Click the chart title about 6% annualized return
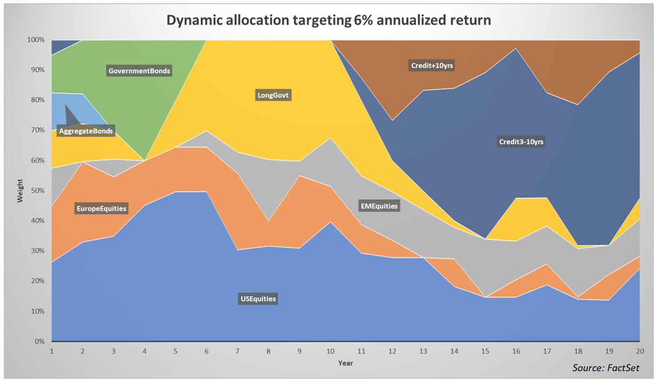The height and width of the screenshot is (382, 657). [328, 20]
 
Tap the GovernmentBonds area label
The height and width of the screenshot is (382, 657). [139, 71]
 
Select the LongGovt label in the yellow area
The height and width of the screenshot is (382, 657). [273, 96]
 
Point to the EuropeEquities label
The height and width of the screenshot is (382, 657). [101, 208]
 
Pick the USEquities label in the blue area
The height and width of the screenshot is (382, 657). [258, 299]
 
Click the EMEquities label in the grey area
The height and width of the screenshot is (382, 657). [378, 206]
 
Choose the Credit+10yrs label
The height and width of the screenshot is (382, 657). [432, 66]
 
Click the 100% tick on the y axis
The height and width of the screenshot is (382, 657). [36, 40]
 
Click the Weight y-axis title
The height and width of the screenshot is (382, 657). [20, 191]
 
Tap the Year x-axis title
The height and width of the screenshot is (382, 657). [345, 363]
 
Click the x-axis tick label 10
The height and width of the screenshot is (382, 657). [330, 350]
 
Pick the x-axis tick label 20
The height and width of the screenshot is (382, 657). [640, 350]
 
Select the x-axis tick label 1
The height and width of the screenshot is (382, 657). [51, 350]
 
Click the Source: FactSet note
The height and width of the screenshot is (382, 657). [606, 368]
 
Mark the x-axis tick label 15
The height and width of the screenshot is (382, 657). [485, 350]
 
